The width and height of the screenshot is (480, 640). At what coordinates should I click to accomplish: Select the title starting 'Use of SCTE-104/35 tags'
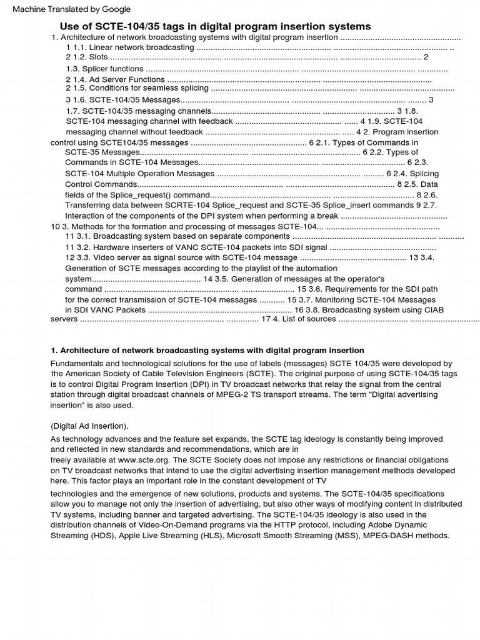click(x=215, y=26)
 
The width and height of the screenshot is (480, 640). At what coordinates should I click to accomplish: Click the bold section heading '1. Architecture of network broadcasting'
click(x=207, y=350)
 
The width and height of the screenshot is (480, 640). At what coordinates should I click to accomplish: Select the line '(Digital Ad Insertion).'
click(x=89, y=426)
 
